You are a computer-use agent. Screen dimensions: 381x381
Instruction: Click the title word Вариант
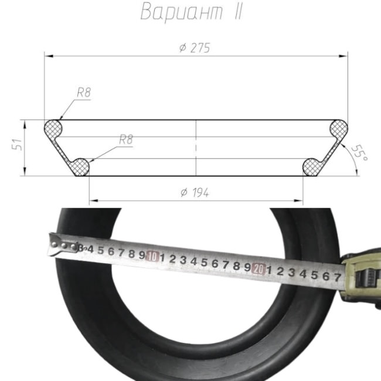pos(181,12)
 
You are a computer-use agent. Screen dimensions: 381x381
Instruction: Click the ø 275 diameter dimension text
pos(195,48)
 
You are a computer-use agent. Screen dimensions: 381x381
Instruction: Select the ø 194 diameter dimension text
pos(195,193)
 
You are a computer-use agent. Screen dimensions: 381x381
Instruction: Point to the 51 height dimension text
pos(17,145)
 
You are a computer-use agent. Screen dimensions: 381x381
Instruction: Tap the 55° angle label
pos(359,153)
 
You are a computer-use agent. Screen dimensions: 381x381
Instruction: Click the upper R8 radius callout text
pos(84,93)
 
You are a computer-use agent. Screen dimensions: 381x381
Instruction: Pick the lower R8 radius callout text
pos(126,140)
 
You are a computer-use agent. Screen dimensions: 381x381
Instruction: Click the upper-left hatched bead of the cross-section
pos(53,129)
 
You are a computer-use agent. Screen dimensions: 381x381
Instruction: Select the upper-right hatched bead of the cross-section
pos(338,129)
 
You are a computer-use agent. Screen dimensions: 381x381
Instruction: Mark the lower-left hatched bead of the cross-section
pos(80,167)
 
